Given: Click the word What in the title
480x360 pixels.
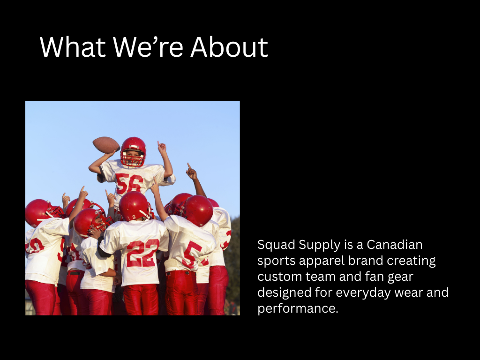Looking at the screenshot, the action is point(73,47).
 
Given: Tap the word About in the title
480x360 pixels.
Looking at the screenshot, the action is point(229,47).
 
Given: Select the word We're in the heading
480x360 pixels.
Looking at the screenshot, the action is point(148,47).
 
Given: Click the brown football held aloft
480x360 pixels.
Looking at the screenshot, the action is point(106,145).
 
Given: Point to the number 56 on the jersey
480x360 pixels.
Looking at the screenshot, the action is point(129,184).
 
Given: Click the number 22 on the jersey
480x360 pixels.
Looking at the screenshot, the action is point(142,253).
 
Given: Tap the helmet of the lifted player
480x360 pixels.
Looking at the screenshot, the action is point(133,151).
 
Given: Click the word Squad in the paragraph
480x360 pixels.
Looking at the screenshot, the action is point(276,245).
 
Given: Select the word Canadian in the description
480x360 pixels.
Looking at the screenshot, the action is point(395,245).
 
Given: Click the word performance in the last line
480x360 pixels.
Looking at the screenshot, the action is point(298,308).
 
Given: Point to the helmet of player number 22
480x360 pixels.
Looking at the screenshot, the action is point(135,206).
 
